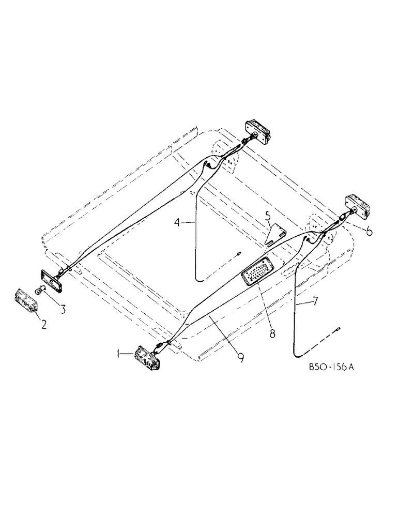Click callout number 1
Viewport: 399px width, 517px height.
[120, 353]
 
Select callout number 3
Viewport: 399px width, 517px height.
[62, 310]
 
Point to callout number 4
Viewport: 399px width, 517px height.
[178, 223]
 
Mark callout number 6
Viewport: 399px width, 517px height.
[369, 232]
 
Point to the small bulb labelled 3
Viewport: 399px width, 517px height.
[40, 290]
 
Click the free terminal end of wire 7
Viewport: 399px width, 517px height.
[338, 327]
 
